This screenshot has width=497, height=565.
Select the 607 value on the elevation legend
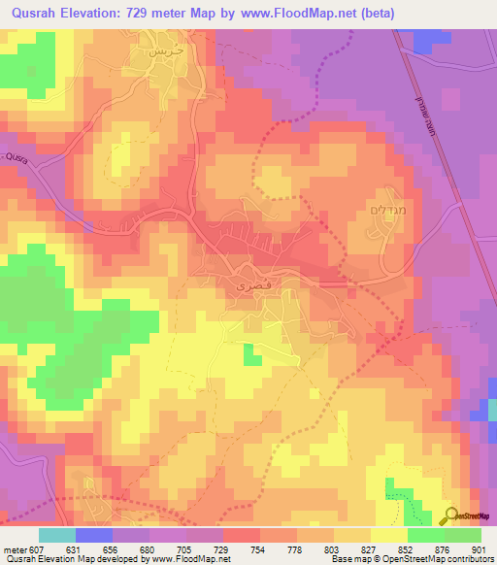tap(37, 548)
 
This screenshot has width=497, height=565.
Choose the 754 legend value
tap(259, 548)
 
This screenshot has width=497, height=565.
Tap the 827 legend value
tap(370, 548)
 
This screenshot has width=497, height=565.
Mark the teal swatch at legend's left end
tap(57, 535)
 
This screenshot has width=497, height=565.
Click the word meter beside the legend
tap(14, 548)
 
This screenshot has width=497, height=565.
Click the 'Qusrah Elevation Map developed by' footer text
tap(66, 559)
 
